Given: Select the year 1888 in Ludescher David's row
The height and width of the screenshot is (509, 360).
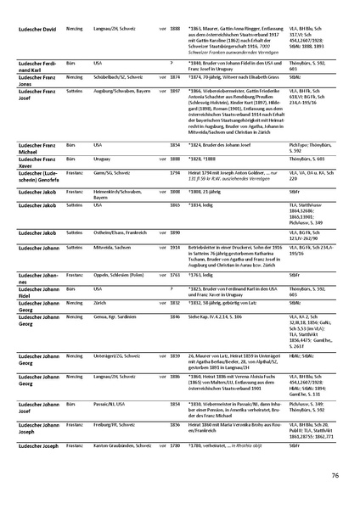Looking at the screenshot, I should click(173, 29).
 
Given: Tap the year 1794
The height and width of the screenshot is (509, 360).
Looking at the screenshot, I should click(173, 171).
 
